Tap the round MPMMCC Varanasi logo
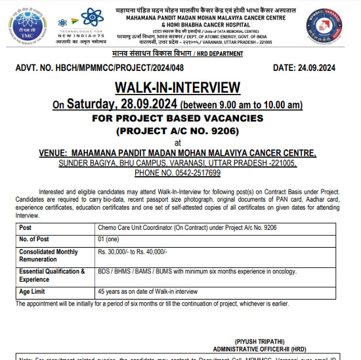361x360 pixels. pos(324,26)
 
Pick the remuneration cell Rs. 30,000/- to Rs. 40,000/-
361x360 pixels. pos(133,252)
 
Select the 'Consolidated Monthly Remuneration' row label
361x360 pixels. pos(49,256)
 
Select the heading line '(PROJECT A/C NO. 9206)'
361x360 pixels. pos(177,130)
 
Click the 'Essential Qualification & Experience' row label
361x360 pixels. pos(52,275)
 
